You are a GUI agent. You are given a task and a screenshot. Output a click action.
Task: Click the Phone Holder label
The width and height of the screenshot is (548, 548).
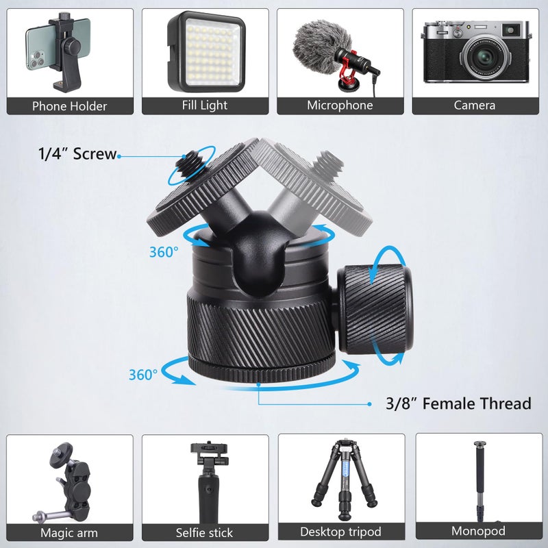[69, 106]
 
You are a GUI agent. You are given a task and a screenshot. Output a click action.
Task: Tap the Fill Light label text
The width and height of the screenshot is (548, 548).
[205, 105]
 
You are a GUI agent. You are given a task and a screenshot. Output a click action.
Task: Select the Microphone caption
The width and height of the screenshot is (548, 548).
[340, 105]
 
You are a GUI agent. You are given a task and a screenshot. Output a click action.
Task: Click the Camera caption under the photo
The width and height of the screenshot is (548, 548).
[475, 105]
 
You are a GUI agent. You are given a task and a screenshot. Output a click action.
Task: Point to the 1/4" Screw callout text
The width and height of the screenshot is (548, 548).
[77, 155]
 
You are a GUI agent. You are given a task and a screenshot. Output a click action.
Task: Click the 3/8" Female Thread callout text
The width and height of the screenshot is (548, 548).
[458, 403]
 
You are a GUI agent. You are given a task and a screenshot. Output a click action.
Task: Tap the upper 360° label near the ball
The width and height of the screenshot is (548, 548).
[164, 251]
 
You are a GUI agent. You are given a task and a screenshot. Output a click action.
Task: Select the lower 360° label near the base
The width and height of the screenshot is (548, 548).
[143, 374]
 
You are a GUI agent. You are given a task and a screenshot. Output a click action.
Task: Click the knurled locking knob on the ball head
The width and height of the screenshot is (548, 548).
[375, 308]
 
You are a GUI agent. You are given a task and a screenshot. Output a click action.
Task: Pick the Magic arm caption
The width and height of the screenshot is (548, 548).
[69, 532]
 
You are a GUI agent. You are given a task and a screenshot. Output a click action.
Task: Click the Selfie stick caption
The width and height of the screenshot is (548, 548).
[205, 532]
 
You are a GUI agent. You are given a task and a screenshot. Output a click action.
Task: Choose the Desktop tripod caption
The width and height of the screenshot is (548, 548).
[340, 532]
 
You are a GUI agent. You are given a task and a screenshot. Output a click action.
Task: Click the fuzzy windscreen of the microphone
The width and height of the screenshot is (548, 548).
[312, 45]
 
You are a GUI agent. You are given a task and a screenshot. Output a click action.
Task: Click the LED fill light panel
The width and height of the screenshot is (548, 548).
[206, 53]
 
